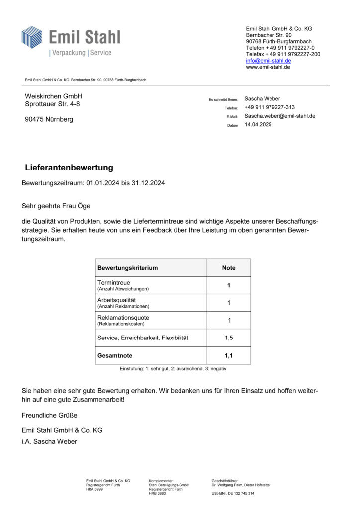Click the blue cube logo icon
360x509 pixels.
point(32,37)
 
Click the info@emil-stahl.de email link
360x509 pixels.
point(269,60)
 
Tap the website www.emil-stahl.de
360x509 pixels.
point(268,67)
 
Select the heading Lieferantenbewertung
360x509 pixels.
point(69,168)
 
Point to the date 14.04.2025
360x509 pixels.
point(258,125)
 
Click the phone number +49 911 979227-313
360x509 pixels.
point(270,107)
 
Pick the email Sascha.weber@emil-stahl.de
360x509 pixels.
point(280,116)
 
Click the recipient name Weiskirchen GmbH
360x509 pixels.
point(54,96)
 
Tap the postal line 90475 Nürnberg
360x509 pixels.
point(49,119)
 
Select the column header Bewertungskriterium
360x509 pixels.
point(128,268)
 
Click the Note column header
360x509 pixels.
point(229,268)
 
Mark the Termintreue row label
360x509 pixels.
point(113,283)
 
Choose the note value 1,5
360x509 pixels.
point(229,338)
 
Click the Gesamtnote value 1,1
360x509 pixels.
point(229,356)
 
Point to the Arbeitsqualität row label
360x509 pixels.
point(117,300)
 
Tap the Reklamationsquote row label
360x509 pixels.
point(123,318)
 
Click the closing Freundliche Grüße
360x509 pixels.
point(50,415)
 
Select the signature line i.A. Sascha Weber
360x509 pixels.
point(50,441)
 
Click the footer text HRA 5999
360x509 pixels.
point(94,489)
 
